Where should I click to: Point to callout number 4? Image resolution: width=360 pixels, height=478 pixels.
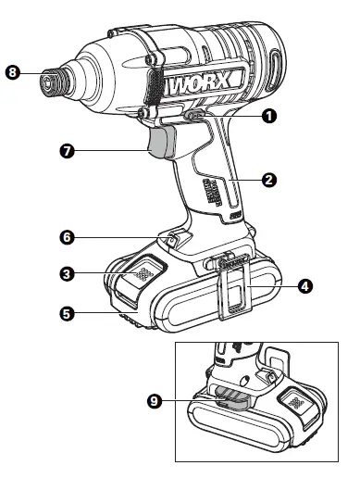coord(306,286)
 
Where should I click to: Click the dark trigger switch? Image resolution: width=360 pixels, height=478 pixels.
coord(161,144)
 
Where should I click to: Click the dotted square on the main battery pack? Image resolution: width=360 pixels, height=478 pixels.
coord(143,274)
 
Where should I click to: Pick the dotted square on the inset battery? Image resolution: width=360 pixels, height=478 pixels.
coord(293,404)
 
